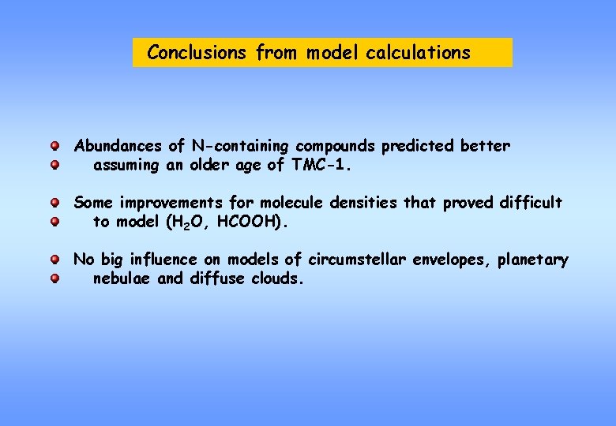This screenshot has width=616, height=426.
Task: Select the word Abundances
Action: [119, 146]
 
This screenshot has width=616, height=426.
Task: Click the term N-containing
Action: [240, 146]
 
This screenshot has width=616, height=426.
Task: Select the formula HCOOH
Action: [248, 222]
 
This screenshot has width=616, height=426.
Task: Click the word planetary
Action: [532, 260]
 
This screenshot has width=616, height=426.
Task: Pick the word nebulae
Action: [122, 278]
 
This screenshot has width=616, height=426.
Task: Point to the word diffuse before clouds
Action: [218, 278]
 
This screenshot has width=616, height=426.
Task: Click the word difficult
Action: [530, 203]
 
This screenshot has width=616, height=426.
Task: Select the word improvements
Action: [171, 203]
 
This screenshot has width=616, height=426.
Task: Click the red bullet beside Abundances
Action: [55, 147]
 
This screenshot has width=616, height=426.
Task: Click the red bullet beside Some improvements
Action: [55, 204]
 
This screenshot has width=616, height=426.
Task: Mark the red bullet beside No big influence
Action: [55, 260]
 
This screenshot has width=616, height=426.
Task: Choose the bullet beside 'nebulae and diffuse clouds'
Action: [55, 278]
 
